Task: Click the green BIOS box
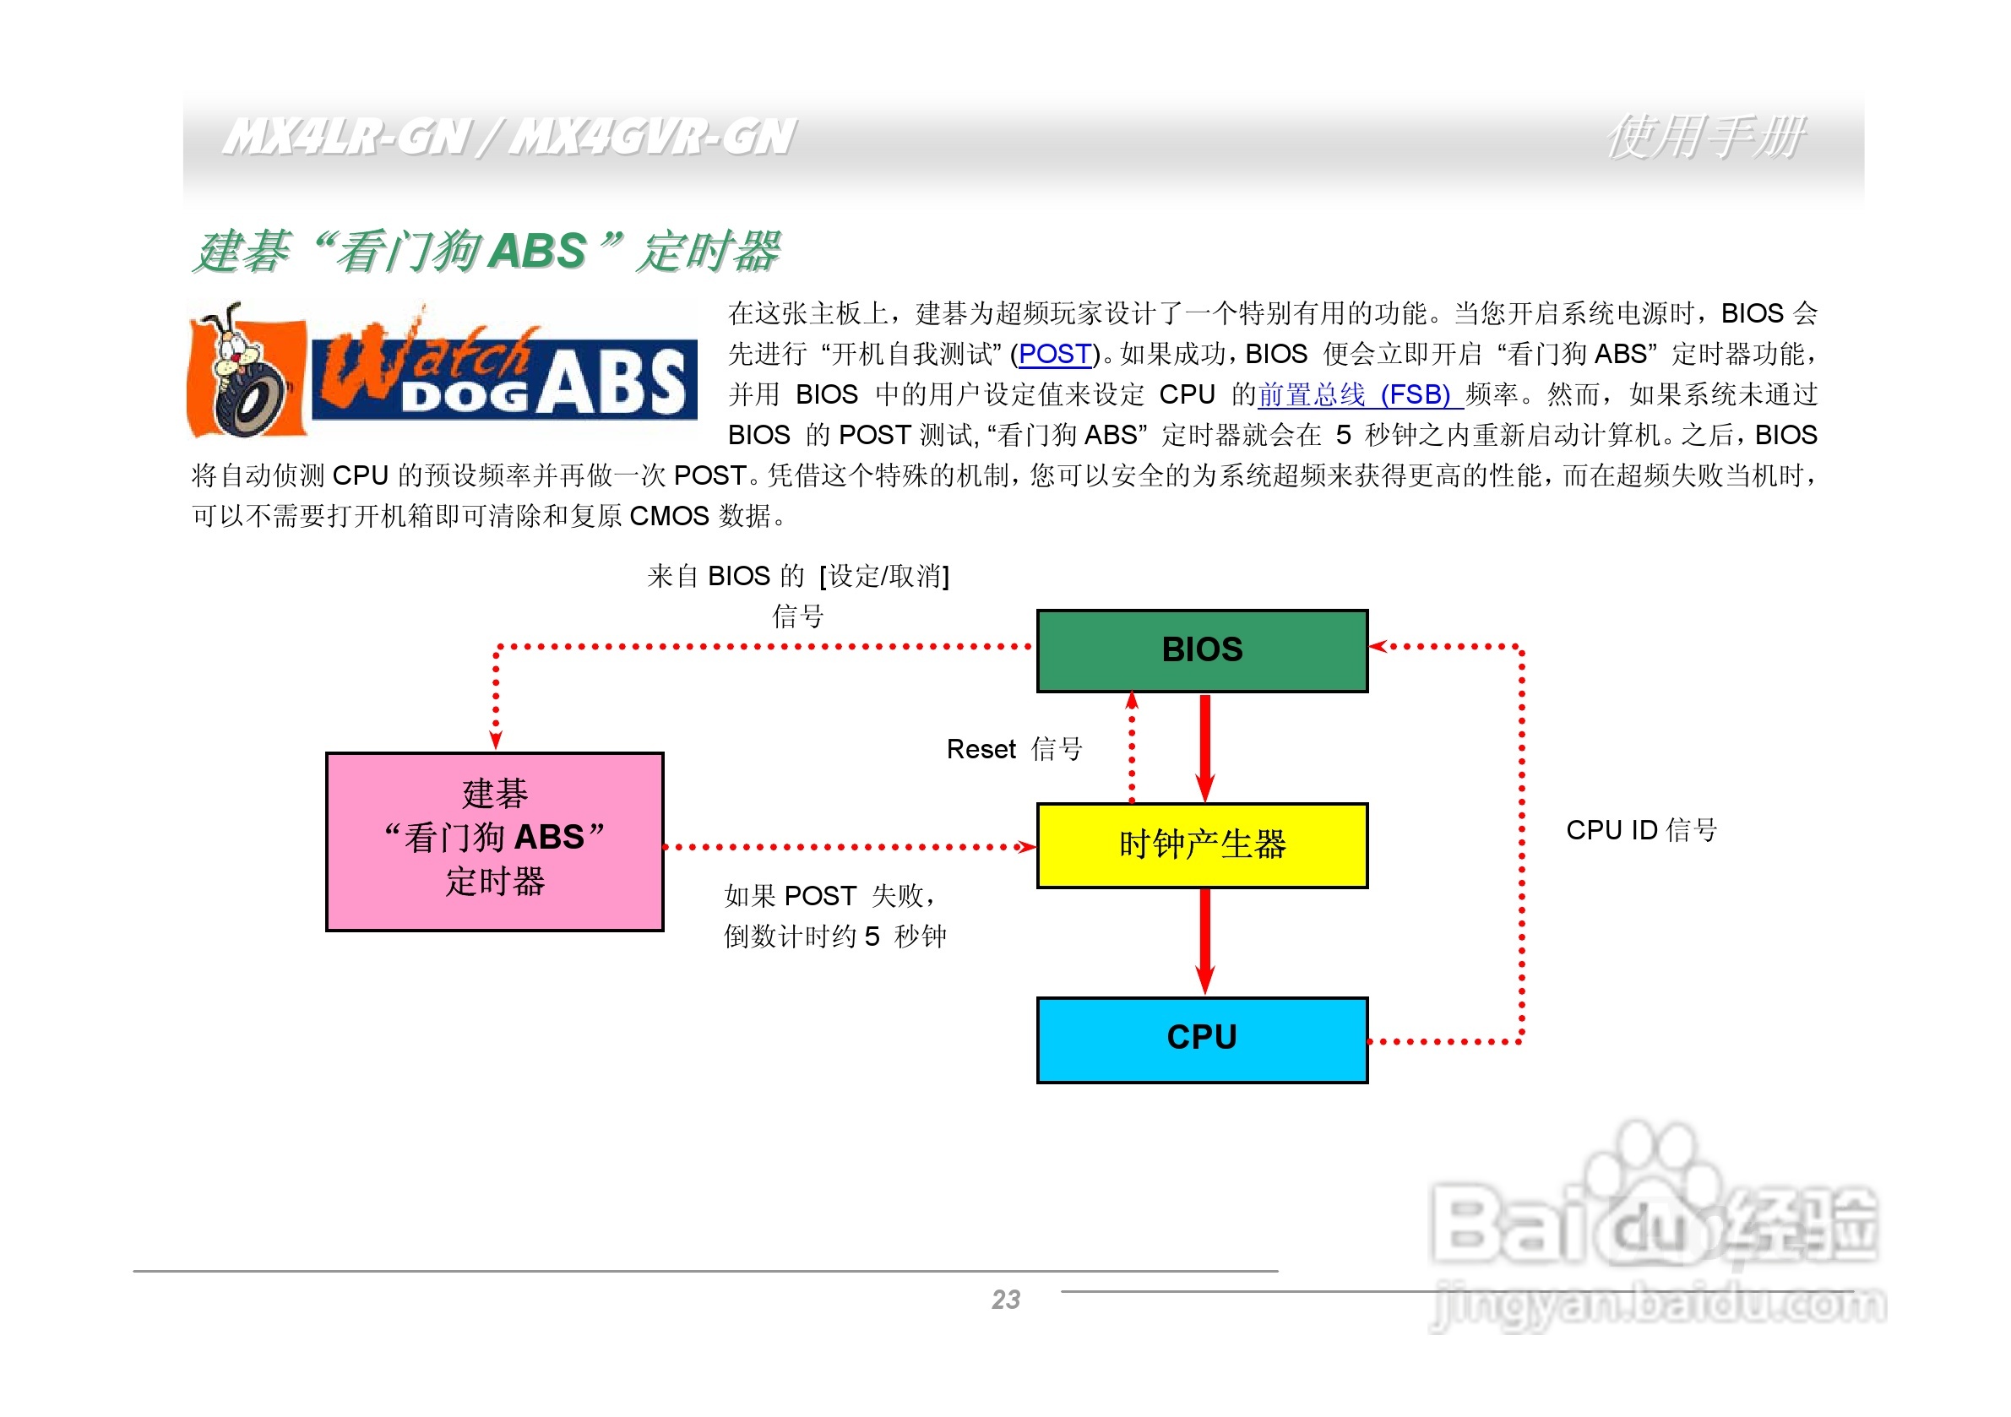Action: [x=1201, y=651]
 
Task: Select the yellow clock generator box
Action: [x=1201, y=845]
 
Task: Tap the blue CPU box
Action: [x=1201, y=1039]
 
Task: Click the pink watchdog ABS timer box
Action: [x=494, y=841]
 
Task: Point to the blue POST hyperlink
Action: [x=1054, y=354]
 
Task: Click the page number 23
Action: [x=1005, y=1300]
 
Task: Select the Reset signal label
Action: [x=1014, y=749]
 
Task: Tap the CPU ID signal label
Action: [x=1640, y=829]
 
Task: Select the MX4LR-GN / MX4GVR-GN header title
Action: [x=508, y=138]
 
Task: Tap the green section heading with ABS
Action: [x=486, y=252]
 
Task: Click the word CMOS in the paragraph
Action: [x=668, y=516]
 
